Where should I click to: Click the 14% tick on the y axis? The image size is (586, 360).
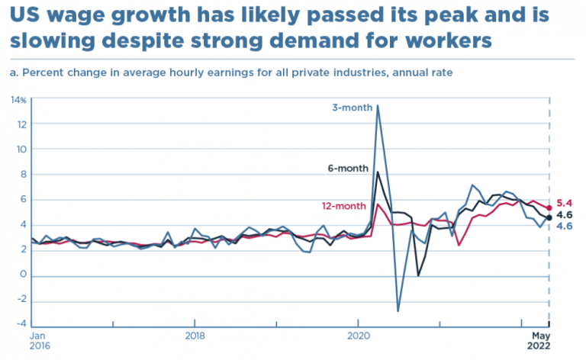pyautogui.click(x=18, y=100)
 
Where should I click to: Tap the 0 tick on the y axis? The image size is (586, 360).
pyautogui.click(x=24, y=275)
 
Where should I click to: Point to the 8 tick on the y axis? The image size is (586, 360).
pyautogui.click(x=24, y=175)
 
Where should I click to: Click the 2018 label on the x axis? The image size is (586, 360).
pyautogui.click(x=195, y=334)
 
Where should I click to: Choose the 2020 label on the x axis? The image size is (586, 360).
pyautogui.click(x=359, y=334)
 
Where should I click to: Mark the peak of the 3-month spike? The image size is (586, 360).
pyautogui.click(x=378, y=105)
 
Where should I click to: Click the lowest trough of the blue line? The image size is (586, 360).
pyautogui.click(x=398, y=311)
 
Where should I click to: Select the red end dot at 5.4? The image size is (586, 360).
pyautogui.click(x=549, y=207)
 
